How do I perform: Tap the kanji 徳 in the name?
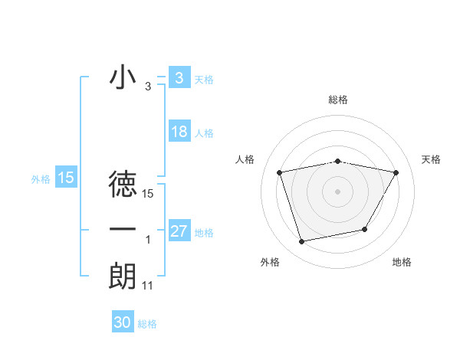pyautogui.click(x=123, y=185)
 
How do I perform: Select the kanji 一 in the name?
pyautogui.click(x=123, y=230)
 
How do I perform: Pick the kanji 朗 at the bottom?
pyautogui.click(x=123, y=277)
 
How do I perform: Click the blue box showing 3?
pyautogui.click(x=179, y=78)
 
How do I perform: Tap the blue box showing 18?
pyautogui.click(x=179, y=132)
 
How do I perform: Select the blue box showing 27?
pyautogui.click(x=179, y=231)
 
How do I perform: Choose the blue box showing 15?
pyautogui.click(x=66, y=178)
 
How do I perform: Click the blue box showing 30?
pyautogui.click(x=123, y=322)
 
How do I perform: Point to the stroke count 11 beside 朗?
pyautogui.click(x=148, y=286)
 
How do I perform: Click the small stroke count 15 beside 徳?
pyautogui.click(x=148, y=195)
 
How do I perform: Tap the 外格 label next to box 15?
pyautogui.click(x=41, y=179)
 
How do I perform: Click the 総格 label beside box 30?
pyautogui.click(x=148, y=324)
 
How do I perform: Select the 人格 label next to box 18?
pyautogui.click(x=204, y=133)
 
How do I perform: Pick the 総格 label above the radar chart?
pyautogui.click(x=338, y=100)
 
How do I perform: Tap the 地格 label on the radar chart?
pyautogui.click(x=402, y=262)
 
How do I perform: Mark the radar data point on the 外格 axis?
pyautogui.click(x=302, y=242)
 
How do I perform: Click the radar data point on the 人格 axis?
pyautogui.click(x=280, y=172)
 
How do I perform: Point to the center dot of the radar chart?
pyautogui.click(x=338, y=191)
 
